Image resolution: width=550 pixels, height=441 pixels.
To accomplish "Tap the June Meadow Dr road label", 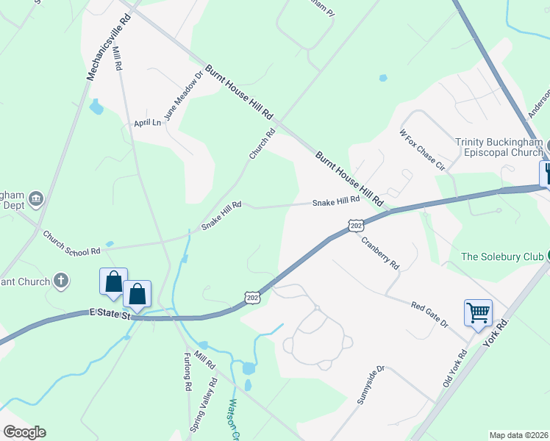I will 183,96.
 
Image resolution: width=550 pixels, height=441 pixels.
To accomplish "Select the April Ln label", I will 147,122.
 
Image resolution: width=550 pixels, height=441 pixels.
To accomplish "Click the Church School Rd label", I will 71,243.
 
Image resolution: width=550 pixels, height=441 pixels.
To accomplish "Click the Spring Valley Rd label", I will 204,404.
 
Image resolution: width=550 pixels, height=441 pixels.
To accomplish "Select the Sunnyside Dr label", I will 371,384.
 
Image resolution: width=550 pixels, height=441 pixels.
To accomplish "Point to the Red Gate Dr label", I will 429,310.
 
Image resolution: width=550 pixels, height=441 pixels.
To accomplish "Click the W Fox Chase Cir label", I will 423,151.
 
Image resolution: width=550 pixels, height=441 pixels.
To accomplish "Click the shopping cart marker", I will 478,313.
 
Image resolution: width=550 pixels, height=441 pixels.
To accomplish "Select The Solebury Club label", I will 503,257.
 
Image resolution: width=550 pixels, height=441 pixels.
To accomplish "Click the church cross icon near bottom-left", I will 62,281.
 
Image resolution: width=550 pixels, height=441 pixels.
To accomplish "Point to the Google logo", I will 24,432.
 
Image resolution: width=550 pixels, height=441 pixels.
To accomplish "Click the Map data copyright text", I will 518,435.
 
